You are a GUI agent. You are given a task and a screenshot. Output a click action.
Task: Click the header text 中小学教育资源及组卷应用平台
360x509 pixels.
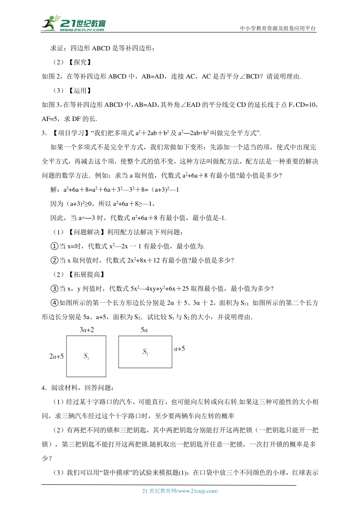[x=278, y=28]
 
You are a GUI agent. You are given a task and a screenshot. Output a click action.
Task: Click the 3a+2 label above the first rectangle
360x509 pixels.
[x=86, y=330]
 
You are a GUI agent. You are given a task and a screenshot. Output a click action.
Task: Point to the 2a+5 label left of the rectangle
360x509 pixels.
[x=57, y=357]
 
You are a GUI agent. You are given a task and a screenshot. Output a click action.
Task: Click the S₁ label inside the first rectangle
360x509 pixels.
[x=86, y=357]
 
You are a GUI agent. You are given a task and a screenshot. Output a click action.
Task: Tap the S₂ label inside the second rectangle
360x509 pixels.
[x=145, y=352]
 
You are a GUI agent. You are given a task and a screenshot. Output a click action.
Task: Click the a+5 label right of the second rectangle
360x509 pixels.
[x=180, y=348]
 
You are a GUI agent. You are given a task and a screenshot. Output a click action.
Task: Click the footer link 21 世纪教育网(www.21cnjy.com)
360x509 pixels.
[x=180, y=491]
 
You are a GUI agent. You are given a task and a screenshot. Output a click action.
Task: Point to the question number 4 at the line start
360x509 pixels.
[x=44, y=388]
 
